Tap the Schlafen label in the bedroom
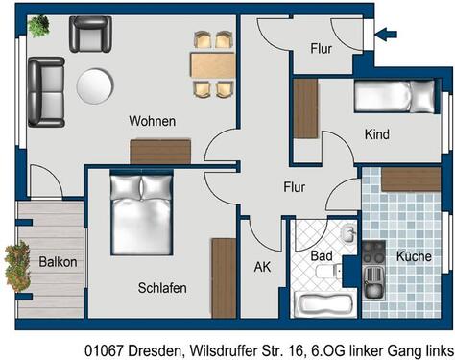pos(162,287)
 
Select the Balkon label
pos(58,261)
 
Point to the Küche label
pos(414,256)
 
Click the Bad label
pos(323,256)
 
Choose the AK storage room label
pos(262,267)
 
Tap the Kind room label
pos(377,134)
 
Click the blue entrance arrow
pos(385,36)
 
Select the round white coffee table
pos(93,84)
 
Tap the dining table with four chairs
pos(212,64)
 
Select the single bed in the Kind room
pos(394,97)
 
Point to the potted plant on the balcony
pos(16,265)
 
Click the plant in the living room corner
pos(37,26)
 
